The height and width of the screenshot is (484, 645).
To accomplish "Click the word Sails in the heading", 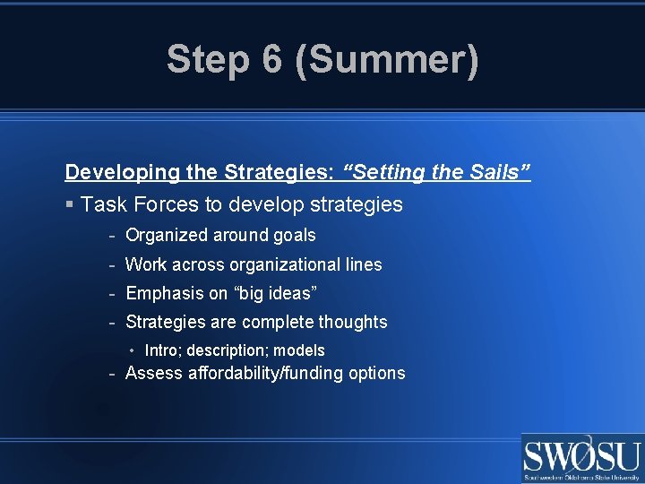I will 496,171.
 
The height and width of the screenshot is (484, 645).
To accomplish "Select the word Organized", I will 168,236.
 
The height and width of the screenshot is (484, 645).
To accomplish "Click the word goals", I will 294,236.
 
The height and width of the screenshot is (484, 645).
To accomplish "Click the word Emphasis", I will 165,293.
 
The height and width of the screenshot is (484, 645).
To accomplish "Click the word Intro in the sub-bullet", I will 161,350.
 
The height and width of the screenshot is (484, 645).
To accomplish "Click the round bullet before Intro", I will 132,350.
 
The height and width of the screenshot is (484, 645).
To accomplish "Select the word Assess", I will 153,373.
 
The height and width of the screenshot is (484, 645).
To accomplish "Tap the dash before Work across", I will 112,264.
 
